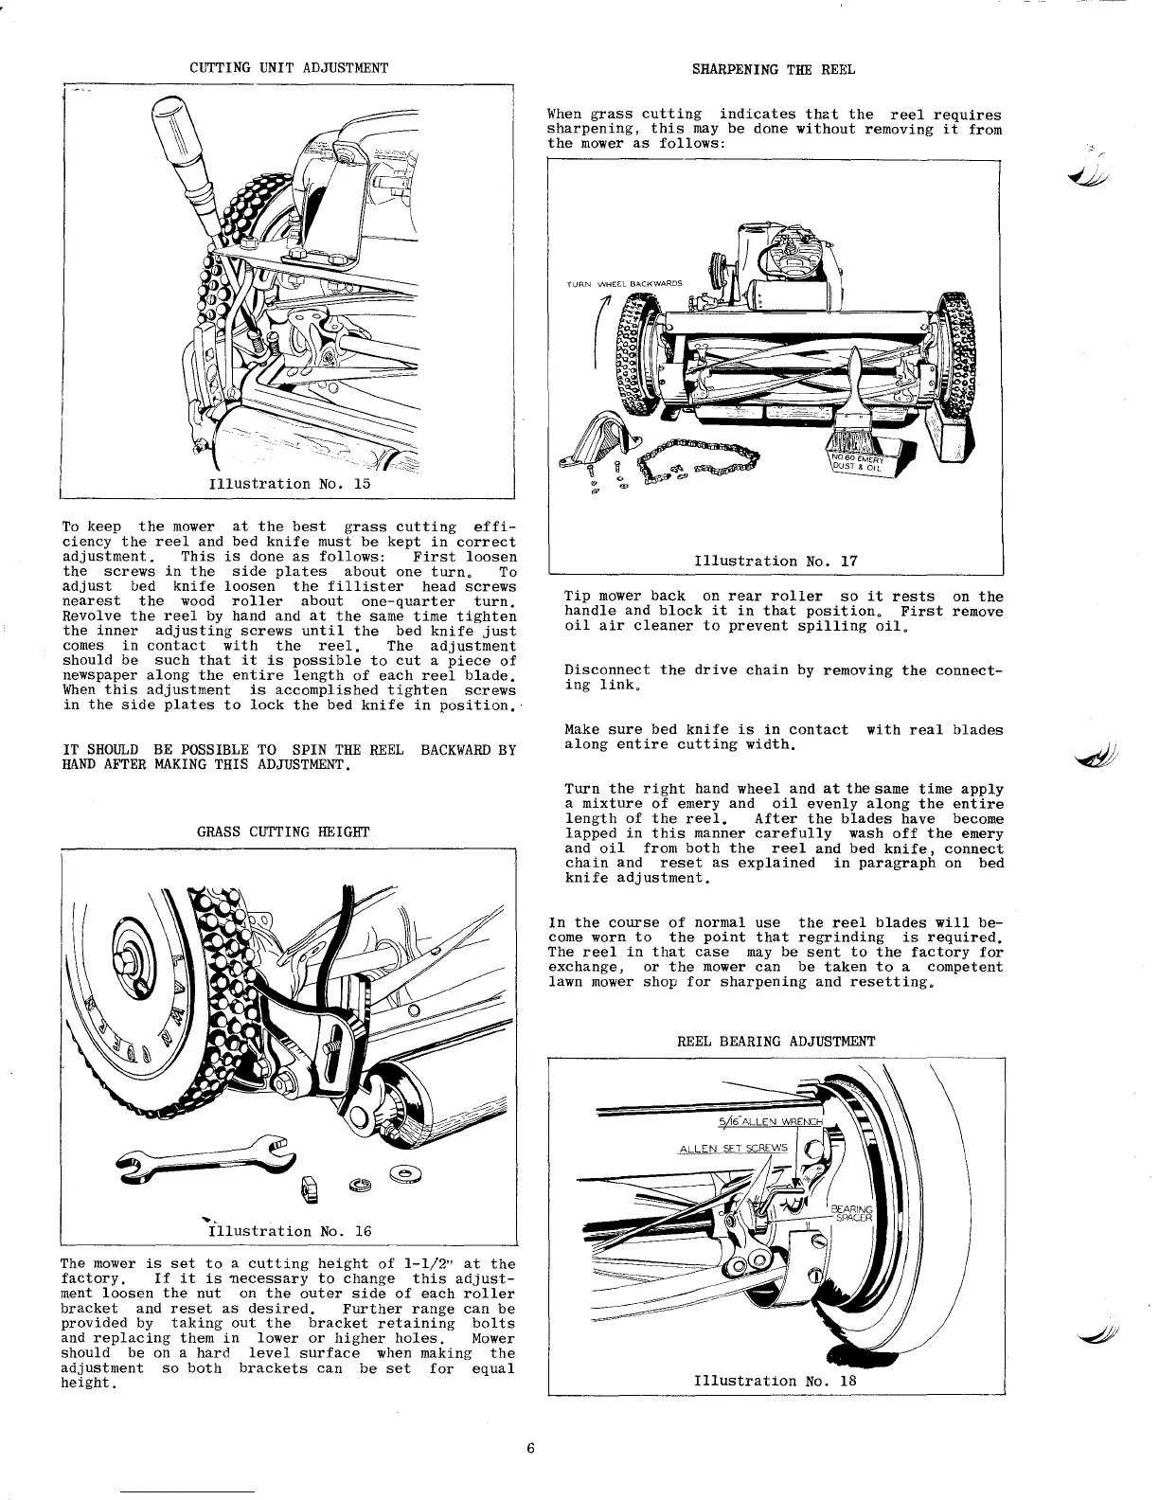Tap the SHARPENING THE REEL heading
774,69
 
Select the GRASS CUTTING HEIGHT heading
283,831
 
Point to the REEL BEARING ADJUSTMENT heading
776,1041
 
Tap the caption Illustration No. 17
776,561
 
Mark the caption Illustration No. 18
776,1380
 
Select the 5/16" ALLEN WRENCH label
772,1123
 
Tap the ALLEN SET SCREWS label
733,1149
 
